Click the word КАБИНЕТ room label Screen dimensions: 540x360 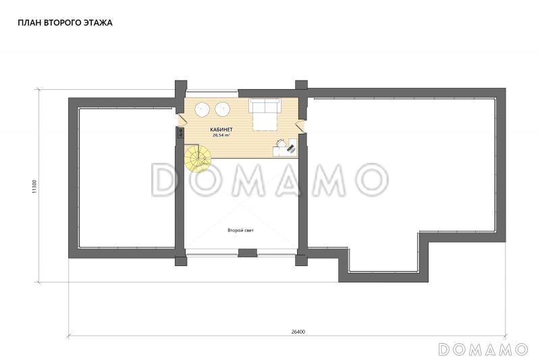[x=221, y=130]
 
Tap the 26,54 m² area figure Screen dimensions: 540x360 [x=221, y=135]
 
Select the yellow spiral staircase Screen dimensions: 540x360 [x=196, y=158]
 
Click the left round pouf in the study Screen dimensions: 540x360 [x=202, y=109]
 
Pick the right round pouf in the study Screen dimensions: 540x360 [x=223, y=109]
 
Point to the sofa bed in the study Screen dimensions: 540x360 [x=265, y=114]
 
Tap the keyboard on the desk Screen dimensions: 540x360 [x=292, y=149]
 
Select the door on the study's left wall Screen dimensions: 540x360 [x=182, y=120]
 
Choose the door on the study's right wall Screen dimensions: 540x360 [x=300, y=126]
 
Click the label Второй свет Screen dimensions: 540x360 [x=240, y=230]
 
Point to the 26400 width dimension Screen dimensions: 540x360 [x=298, y=332]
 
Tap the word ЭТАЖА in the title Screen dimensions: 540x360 [x=98, y=23]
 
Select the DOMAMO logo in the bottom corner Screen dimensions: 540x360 [x=483, y=349]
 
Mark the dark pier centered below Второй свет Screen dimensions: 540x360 [x=247, y=253]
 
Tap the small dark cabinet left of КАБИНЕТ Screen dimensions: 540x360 [x=180, y=132]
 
